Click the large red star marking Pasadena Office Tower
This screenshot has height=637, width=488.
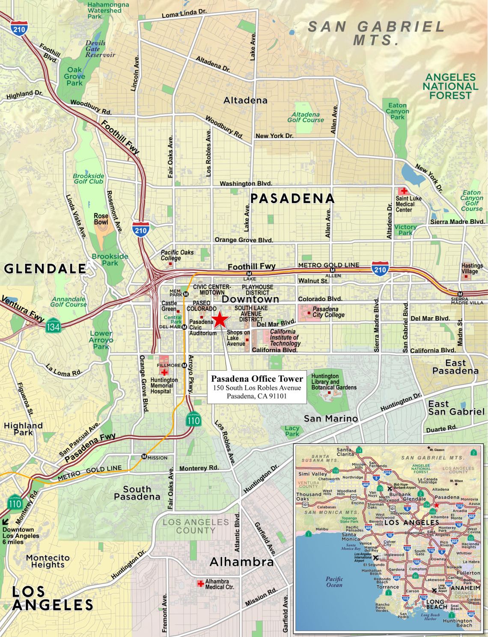coord(220,319)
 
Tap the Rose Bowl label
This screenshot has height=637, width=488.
coord(101,219)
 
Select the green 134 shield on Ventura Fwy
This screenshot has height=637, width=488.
coord(53,327)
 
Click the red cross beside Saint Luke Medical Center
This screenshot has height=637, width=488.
coord(403,191)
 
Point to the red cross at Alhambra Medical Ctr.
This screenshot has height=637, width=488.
coord(200,584)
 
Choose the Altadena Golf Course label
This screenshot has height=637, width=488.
coord(306,118)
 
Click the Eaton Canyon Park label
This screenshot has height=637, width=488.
coord(397,111)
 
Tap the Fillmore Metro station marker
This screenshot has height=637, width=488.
coord(184,366)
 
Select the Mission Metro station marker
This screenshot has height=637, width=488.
coord(144,457)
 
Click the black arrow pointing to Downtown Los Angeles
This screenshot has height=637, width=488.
coord(6,521)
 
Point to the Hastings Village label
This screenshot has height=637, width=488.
coord(472,268)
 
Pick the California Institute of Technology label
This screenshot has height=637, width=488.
coord(285,337)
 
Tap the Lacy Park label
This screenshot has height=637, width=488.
coord(292,431)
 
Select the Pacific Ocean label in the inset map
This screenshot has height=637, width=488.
coord(334,582)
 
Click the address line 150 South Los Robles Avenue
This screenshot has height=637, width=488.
coord(257,388)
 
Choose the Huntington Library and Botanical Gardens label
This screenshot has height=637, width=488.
coord(333,382)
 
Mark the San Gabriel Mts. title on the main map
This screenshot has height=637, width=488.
coord(376,33)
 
